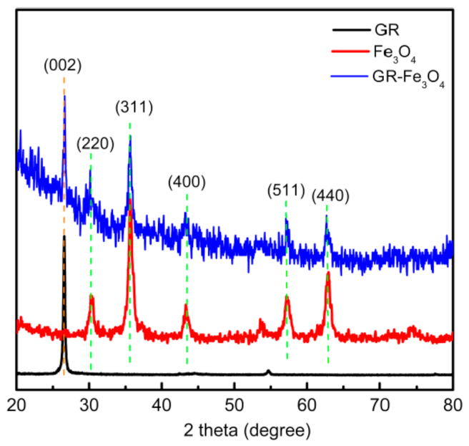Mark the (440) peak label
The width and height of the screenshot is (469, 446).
click(x=330, y=193)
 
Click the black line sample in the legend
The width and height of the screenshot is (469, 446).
click(x=345, y=32)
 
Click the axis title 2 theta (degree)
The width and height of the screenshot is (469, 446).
click(x=234, y=430)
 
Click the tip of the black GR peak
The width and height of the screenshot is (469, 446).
click(x=64, y=236)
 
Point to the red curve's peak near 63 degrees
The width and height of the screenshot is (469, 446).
click(x=328, y=273)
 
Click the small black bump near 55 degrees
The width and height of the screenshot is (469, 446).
click(x=268, y=371)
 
